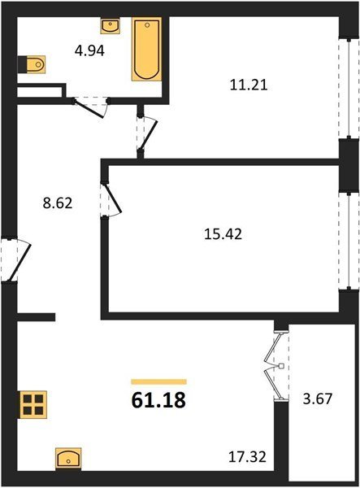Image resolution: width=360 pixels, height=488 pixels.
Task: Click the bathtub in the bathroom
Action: (x=146, y=49)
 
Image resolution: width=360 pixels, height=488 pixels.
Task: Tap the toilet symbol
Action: (x=32, y=64)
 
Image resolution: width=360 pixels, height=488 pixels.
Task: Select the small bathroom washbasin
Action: (x=111, y=26)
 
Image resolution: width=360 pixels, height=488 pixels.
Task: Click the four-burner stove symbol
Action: (x=33, y=404)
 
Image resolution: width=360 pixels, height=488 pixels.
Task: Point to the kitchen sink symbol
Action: (x=68, y=459)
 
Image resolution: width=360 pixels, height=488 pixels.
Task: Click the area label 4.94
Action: (x=89, y=50)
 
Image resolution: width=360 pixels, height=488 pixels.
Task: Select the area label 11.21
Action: (x=249, y=85)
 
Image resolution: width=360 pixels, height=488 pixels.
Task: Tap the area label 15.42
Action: (x=223, y=233)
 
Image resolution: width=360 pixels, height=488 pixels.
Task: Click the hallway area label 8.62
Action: (x=58, y=203)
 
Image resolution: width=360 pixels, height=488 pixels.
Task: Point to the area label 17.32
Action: (x=248, y=457)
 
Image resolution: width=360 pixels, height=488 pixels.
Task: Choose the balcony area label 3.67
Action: (x=318, y=399)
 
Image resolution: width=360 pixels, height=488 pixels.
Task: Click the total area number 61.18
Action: (x=158, y=400)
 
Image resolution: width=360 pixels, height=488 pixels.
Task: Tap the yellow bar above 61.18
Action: (x=158, y=381)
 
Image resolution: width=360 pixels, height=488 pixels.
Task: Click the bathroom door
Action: (x=90, y=107)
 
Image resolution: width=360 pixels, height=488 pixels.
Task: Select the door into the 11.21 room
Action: (x=146, y=134)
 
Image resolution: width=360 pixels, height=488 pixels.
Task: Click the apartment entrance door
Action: (x=15, y=260)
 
